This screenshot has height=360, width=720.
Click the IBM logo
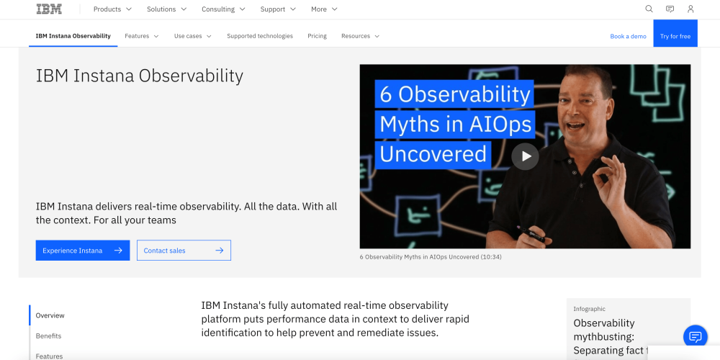(x=49, y=9)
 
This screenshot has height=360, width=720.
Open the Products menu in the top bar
(x=112, y=9)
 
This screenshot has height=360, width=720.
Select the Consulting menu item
(x=223, y=9)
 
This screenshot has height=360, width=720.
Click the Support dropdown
(x=278, y=9)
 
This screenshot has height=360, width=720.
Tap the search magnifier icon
(x=649, y=9)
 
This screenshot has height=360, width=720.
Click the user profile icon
(x=690, y=9)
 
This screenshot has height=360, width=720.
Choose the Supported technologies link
(x=260, y=36)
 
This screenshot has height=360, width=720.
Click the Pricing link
(x=318, y=36)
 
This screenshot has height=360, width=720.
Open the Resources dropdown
(x=361, y=36)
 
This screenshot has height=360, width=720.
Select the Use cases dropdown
(x=193, y=36)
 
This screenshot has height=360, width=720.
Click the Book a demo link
(x=628, y=36)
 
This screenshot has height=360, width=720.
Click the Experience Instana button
(x=83, y=251)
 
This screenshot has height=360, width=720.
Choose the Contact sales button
(x=184, y=251)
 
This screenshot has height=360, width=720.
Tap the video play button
(x=525, y=156)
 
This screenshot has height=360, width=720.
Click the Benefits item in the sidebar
(x=49, y=336)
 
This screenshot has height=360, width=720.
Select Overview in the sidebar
(x=50, y=315)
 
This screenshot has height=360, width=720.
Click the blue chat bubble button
(x=696, y=336)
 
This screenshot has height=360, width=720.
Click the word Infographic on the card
(x=589, y=309)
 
